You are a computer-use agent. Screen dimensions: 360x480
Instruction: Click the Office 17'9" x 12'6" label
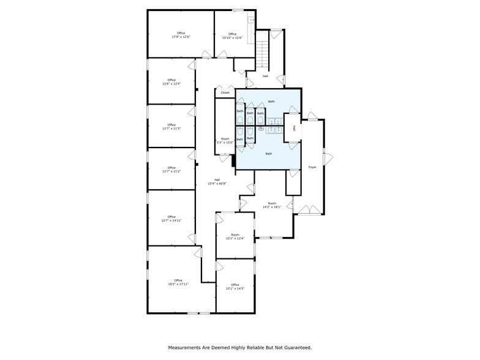point(181,36)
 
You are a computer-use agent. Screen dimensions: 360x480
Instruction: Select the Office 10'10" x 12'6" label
point(232,36)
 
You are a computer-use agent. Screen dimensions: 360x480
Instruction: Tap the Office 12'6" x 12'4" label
point(171,82)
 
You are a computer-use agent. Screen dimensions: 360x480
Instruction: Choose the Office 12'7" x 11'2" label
point(171,170)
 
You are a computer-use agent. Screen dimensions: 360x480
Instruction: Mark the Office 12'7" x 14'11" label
point(171,219)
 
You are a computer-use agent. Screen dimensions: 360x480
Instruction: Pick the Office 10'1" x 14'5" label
point(234,286)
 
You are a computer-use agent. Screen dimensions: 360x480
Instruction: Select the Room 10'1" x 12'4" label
point(234,236)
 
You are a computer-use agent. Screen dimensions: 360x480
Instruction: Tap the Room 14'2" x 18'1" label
point(272,205)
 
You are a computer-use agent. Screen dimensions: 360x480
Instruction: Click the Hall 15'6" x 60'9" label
point(217,182)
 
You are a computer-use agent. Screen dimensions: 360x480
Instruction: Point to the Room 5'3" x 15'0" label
point(225,140)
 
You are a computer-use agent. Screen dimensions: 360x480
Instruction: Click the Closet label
point(225,93)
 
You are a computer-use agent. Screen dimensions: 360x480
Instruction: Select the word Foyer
point(312,167)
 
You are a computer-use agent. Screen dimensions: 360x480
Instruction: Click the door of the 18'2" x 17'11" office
point(198,252)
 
